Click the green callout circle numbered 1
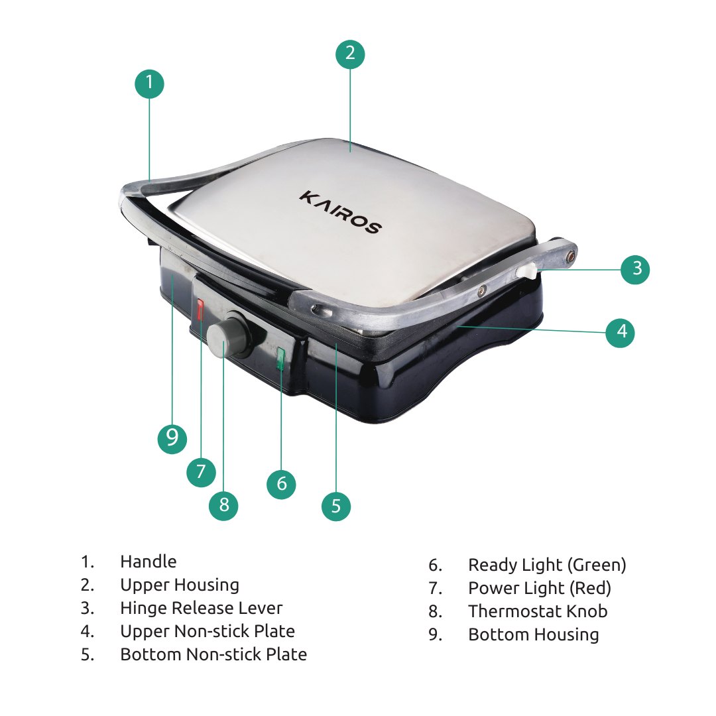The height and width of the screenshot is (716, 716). tap(149, 84)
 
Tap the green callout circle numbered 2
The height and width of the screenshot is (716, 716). tap(350, 54)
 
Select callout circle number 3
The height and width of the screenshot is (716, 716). tap(635, 269)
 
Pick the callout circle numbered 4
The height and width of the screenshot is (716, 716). tap(620, 333)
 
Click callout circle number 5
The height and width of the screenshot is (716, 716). tap(336, 506)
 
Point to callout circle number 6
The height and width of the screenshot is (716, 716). tap(281, 484)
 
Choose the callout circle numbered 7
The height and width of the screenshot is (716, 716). tap(202, 472)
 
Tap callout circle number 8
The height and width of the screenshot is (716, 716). tap(223, 505)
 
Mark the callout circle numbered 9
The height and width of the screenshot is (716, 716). tap(172, 439)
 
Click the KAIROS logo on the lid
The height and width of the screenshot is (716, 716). tap(341, 213)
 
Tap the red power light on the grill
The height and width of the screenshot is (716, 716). tap(200, 309)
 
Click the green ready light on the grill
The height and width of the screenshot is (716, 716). tap(280, 359)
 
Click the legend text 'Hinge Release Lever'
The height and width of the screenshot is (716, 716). tap(202, 608)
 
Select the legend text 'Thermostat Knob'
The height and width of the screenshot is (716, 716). tap(538, 611)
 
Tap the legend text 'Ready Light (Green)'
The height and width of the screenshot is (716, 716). tap(547, 566)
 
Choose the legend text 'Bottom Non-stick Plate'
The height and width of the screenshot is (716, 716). tap(213, 654)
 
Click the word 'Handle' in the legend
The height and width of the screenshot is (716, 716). tap(149, 562)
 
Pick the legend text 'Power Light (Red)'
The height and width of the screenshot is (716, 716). tap(540, 588)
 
